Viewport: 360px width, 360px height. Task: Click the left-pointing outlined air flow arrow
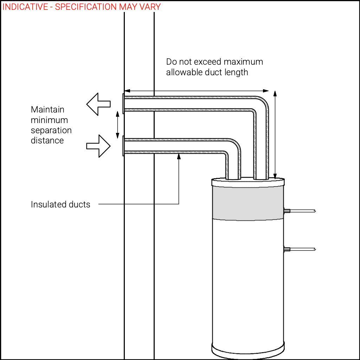click(x=98, y=104)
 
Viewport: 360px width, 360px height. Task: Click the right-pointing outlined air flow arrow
click(x=98, y=146)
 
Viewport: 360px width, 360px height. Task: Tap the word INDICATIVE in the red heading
click(x=25, y=7)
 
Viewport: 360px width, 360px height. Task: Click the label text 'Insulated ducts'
click(x=60, y=204)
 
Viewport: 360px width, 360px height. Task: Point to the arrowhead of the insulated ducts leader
click(x=179, y=156)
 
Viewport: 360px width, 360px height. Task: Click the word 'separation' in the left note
click(x=51, y=130)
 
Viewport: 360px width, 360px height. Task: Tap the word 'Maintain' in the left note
click(x=47, y=110)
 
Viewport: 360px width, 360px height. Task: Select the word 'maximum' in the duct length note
click(x=243, y=62)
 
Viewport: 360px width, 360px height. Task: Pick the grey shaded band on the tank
click(x=248, y=204)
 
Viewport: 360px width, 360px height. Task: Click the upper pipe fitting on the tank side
click(x=287, y=211)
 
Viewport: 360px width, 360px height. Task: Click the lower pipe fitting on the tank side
click(x=287, y=249)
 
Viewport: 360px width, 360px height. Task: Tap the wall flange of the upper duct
click(x=123, y=104)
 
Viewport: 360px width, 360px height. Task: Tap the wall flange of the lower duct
click(x=123, y=146)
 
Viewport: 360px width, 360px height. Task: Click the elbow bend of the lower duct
click(x=233, y=146)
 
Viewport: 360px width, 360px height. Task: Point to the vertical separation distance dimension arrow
click(x=117, y=125)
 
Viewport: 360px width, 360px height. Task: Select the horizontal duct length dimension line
click(x=196, y=91)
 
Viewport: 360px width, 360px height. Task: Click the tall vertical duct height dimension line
click(x=275, y=135)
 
